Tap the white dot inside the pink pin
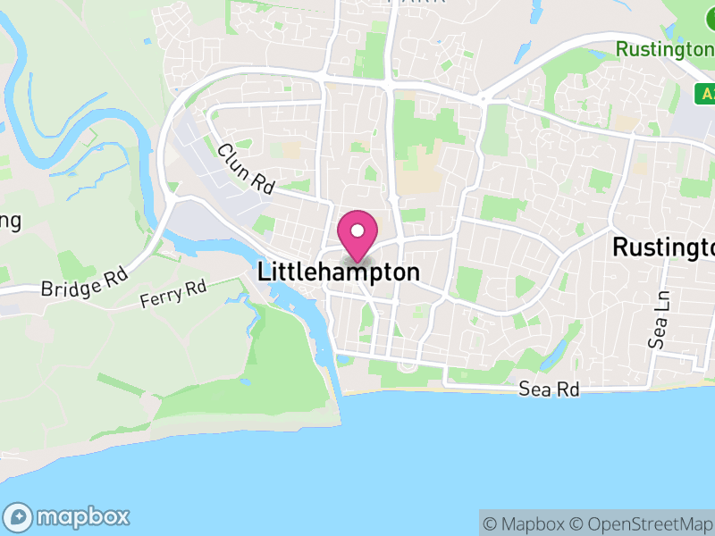point(357,231)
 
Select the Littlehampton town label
point(339,272)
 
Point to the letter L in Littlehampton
point(264,272)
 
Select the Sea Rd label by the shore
point(551,389)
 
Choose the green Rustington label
point(665,48)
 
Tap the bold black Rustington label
point(663,247)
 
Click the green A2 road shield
point(706,93)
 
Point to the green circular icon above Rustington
point(705,16)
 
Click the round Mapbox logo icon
point(18,516)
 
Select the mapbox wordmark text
point(82,516)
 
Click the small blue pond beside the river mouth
point(345,360)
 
